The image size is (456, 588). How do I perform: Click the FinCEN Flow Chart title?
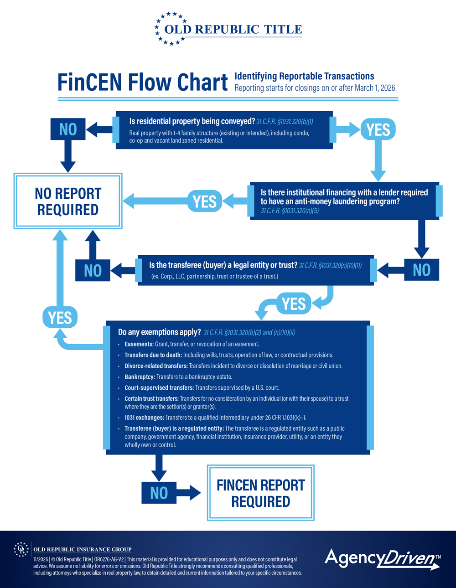click(x=142, y=82)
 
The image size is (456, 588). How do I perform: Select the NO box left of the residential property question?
click(x=68, y=129)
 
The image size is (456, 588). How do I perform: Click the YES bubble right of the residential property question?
click(x=378, y=130)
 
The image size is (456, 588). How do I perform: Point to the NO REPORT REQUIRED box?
click(x=68, y=201)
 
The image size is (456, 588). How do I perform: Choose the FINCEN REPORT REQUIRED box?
click(x=260, y=493)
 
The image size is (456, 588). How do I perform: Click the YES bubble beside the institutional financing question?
click(x=205, y=201)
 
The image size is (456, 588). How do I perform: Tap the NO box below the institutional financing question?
click(x=421, y=270)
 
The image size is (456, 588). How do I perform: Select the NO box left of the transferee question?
click(x=93, y=270)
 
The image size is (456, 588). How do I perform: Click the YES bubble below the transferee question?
click(x=294, y=304)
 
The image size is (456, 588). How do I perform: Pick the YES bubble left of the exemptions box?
click(x=60, y=317)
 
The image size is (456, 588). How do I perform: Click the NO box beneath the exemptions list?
click(x=159, y=493)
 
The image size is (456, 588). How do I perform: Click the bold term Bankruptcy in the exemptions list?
click(x=140, y=377)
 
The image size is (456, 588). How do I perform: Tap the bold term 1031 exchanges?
click(x=144, y=418)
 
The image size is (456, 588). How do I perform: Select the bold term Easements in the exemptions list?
click(x=139, y=344)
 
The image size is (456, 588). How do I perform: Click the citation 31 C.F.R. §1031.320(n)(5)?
click(x=290, y=211)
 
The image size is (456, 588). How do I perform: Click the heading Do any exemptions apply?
click(x=159, y=332)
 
